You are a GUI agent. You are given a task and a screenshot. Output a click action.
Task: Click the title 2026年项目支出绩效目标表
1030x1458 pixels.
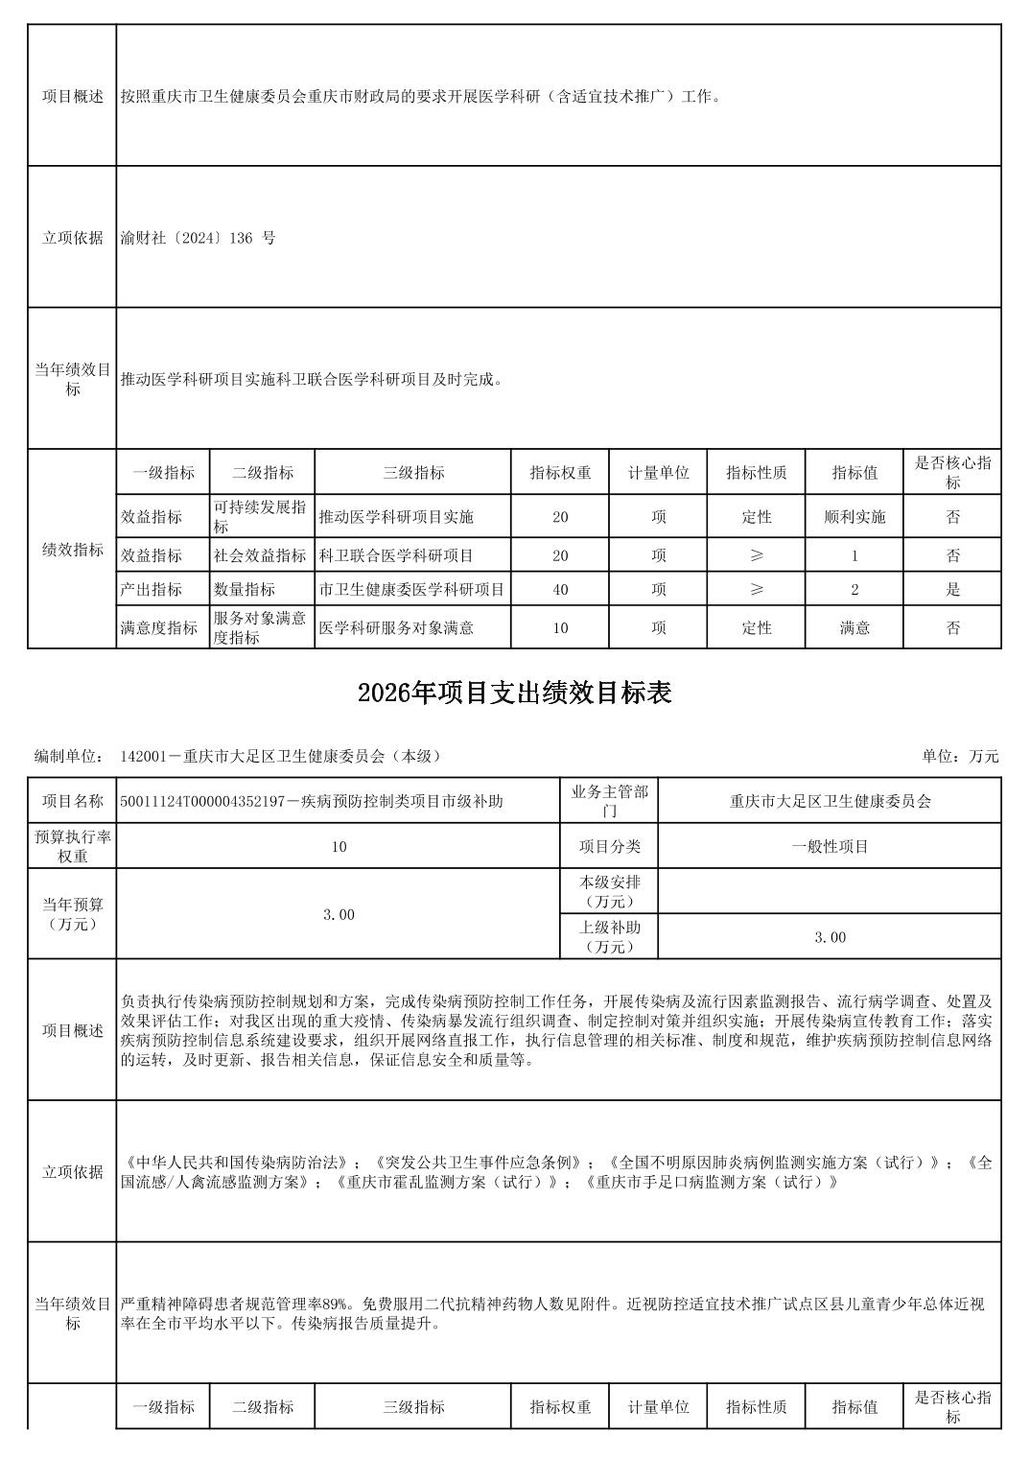pos(514,694)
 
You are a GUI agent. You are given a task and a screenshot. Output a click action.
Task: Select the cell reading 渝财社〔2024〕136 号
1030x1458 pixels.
pos(198,238)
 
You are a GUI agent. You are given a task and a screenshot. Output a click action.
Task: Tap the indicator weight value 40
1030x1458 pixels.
pos(560,590)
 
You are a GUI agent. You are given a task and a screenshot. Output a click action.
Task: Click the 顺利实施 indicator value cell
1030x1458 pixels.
pos(854,517)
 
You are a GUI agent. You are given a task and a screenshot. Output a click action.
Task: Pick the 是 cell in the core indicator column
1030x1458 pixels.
pos(952,590)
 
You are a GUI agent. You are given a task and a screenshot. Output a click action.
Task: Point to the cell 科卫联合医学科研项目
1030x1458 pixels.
pos(396,555)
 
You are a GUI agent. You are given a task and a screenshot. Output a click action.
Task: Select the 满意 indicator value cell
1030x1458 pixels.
pos(854,628)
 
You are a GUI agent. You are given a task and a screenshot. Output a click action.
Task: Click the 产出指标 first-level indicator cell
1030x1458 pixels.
pos(152,590)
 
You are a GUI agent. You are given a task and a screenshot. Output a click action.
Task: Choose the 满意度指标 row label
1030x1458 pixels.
pos(159,628)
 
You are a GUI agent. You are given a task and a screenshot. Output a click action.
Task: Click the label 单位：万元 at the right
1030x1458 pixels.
pos(960,756)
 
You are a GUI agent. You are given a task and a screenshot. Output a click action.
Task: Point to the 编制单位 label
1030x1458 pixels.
pos(69,756)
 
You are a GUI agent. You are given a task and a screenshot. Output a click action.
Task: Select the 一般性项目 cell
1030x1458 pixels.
pos(830,847)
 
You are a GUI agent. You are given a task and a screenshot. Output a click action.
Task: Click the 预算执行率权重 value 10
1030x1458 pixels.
pos(339,847)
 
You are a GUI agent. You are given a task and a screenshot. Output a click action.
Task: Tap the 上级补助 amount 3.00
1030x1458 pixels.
pos(830,937)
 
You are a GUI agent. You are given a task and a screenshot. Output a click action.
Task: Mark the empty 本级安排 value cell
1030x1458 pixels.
pos(830,892)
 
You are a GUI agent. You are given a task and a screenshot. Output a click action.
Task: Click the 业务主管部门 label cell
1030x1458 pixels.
pos(609,801)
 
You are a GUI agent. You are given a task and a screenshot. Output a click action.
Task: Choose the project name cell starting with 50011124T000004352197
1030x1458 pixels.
pos(312,801)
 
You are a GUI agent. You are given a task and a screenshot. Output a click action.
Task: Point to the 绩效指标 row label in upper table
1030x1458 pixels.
pos(73,550)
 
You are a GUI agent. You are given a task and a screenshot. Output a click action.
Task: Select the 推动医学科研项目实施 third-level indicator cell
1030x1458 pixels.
pos(396,517)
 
